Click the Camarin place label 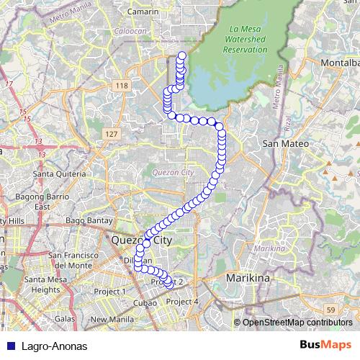(142, 13)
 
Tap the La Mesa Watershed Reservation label (245, 40)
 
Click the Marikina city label (248, 277)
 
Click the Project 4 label (181, 301)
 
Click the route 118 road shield (121, 86)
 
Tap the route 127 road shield (110, 135)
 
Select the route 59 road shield (329, 309)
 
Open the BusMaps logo (325, 346)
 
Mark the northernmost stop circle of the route (181, 56)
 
